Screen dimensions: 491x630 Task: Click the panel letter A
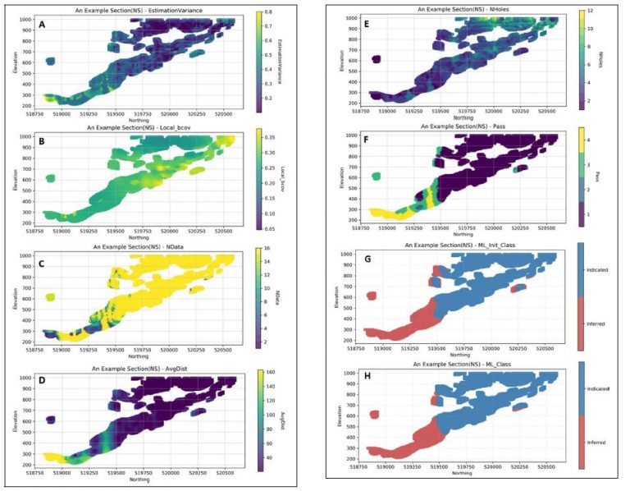point(42,26)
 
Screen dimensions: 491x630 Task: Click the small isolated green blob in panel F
point(377,176)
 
